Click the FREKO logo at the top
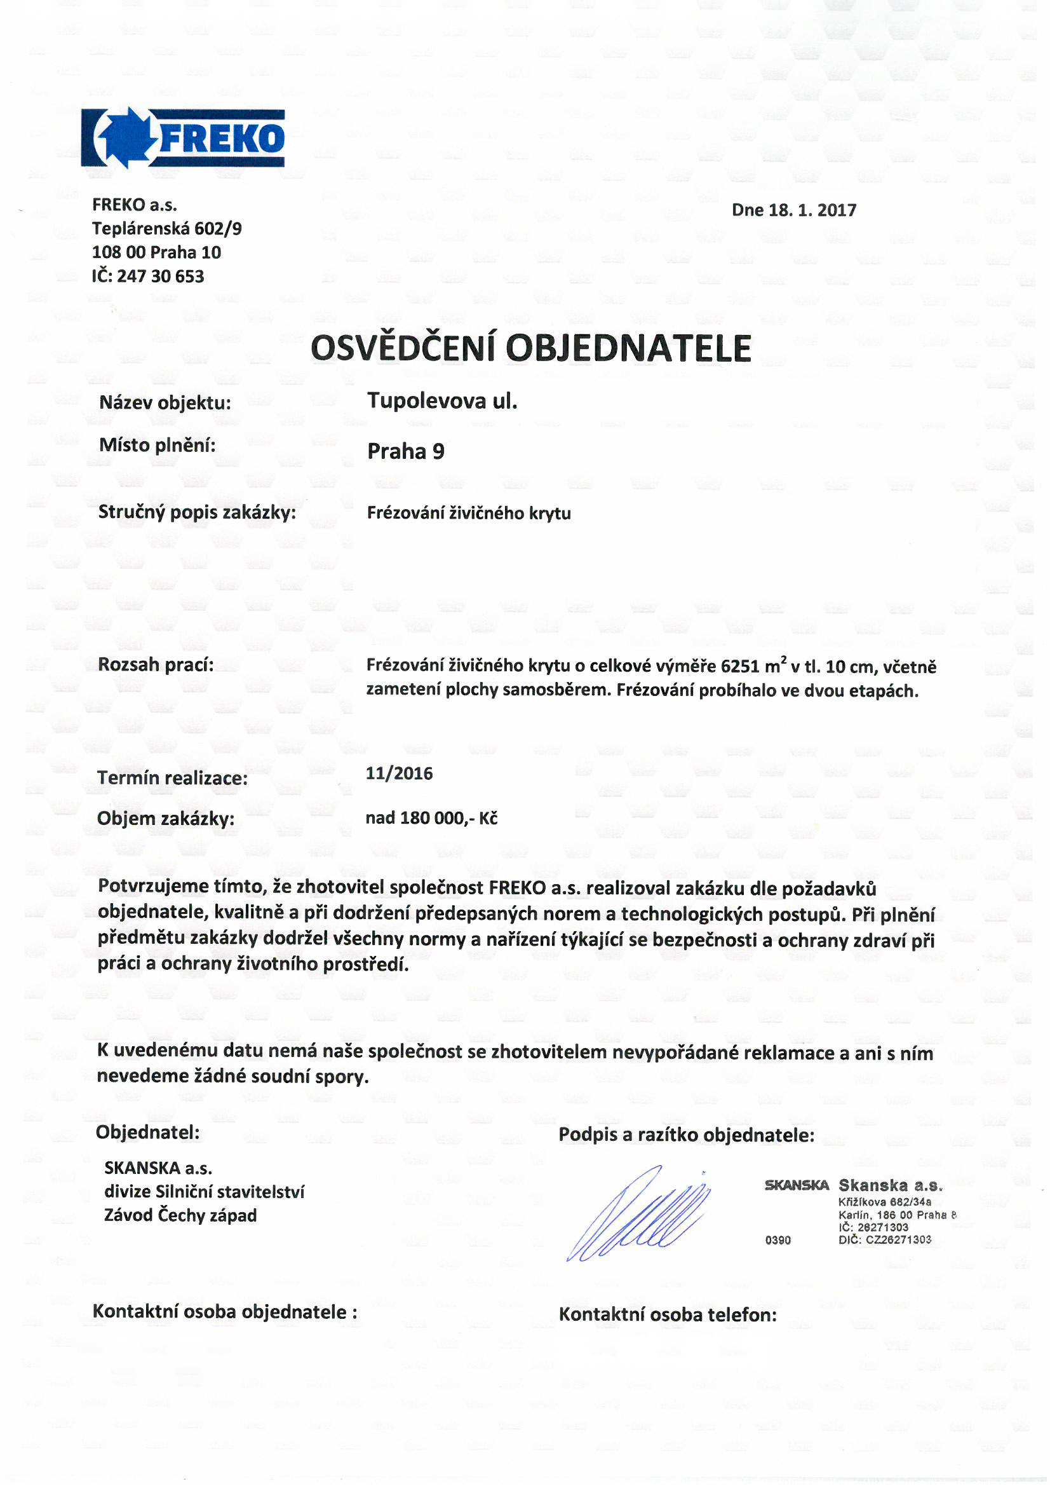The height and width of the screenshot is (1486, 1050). [182, 138]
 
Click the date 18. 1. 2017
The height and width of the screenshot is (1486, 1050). [812, 210]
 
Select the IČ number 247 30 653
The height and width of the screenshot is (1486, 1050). [161, 276]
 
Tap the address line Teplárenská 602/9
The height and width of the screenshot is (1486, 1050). [167, 228]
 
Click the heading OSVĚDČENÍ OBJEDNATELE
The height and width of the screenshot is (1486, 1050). [530, 348]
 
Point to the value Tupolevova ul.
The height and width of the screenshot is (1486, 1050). [442, 401]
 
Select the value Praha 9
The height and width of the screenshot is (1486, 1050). [406, 451]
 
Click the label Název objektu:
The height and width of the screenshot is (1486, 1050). [165, 402]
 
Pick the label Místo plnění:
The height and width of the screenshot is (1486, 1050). [157, 446]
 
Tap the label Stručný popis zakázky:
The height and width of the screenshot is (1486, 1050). [197, 512]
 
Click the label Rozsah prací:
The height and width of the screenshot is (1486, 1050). [156, 665]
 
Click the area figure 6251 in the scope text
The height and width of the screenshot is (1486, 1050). [740, 667]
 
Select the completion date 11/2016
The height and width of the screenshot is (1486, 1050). [399, 774]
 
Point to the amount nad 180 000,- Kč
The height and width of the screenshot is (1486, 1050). [431, 818]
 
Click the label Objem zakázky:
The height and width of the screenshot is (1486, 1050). [166, 819]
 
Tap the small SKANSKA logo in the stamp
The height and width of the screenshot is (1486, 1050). [797, 1185]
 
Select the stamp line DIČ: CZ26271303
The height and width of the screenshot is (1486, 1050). [884, 1239]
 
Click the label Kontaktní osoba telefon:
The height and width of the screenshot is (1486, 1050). [668, 1314]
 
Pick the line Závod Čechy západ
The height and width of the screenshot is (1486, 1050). [180, 1215]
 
